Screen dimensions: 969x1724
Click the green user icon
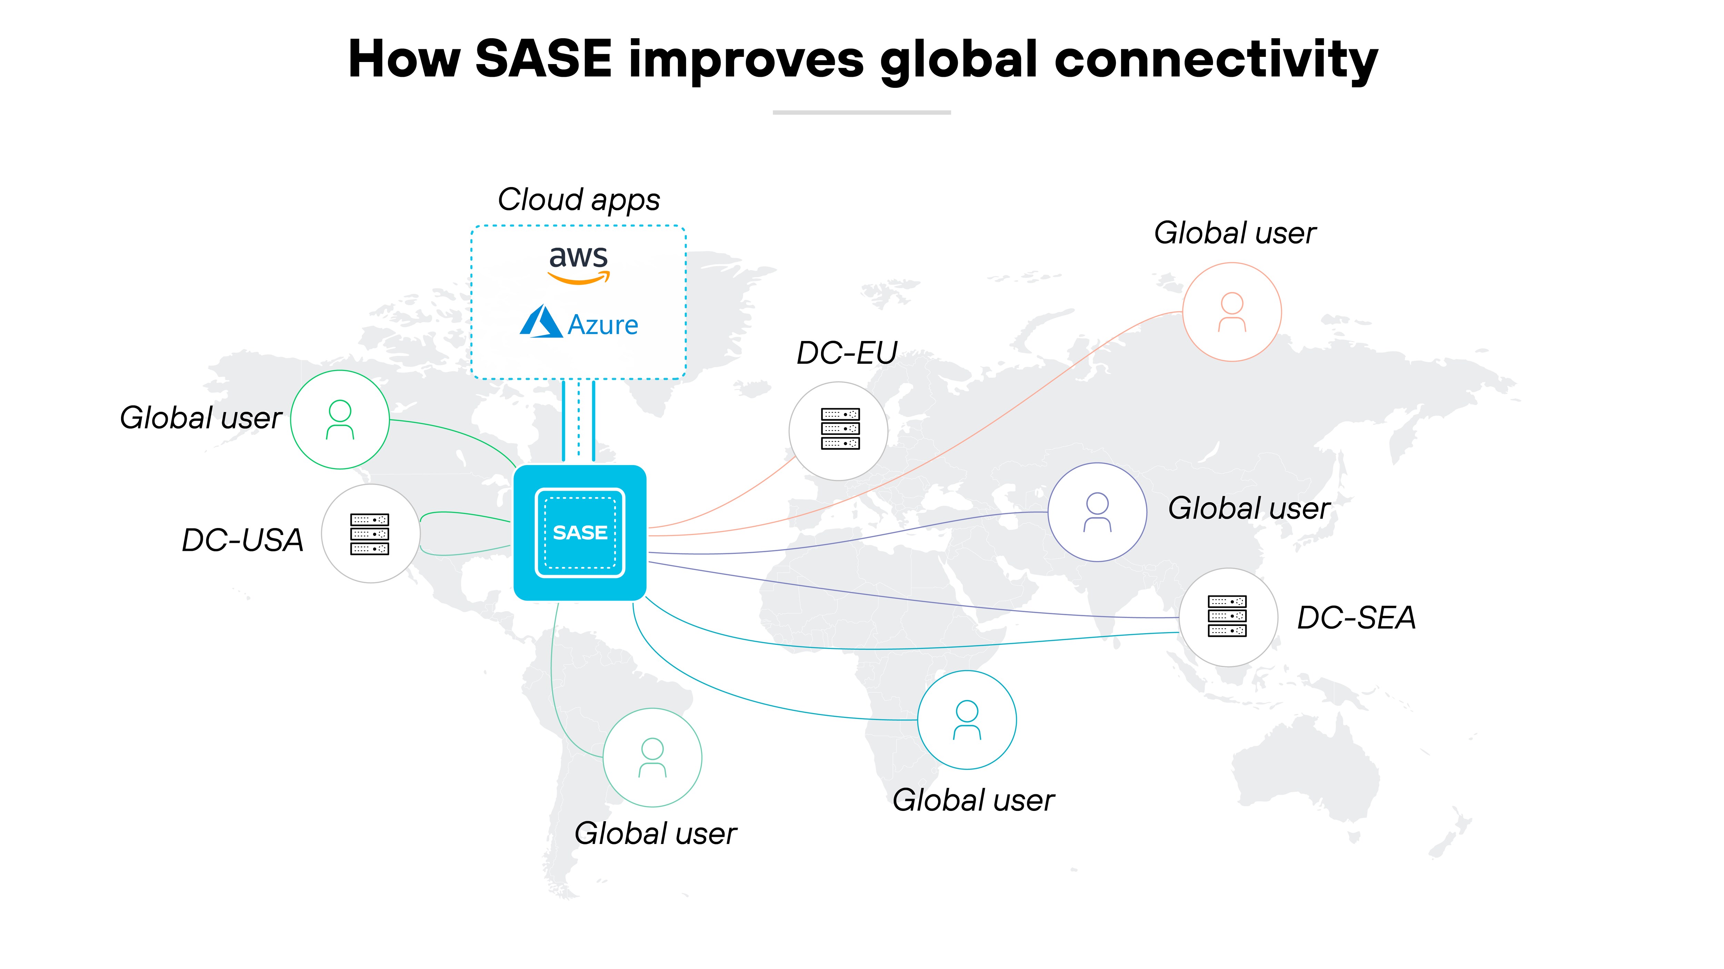click(340, 420)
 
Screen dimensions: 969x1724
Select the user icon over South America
click(652, 758)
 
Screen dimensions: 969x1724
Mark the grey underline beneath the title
click(862, 112)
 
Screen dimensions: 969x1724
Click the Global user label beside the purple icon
click(1249, 508)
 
